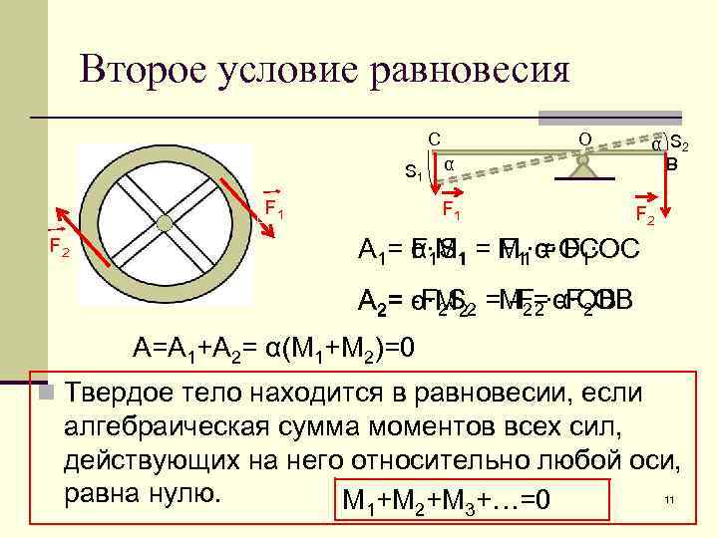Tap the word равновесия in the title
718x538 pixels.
[x=468, y=70]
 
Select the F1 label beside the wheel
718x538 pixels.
[x=275, y=209]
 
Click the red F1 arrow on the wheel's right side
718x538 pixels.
[x=242, y=205]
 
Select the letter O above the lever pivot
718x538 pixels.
[x=585, y=136]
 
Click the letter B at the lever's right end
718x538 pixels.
[x=672, y=162]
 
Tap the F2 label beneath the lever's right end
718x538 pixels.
[x=645, y=214]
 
